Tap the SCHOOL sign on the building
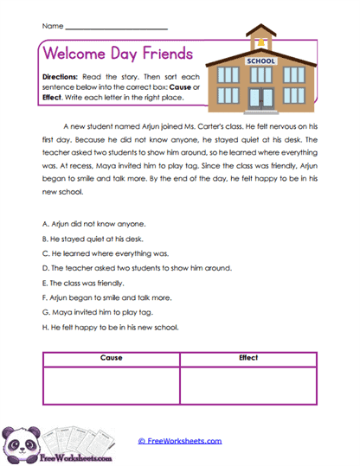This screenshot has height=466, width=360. click(x=260, y=61)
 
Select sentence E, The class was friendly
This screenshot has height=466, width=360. click(x=83, y=283)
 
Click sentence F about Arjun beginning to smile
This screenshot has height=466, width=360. click(x=103, y=298)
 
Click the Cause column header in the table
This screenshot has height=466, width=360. click(x=111, y=358)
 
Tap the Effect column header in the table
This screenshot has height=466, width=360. click(x=248, y=358)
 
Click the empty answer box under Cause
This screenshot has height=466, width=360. click(x=111, y=385)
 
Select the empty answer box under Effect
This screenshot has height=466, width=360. click(x=248, y=385)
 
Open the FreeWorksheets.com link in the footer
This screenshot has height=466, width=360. click(x=180, y=441)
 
